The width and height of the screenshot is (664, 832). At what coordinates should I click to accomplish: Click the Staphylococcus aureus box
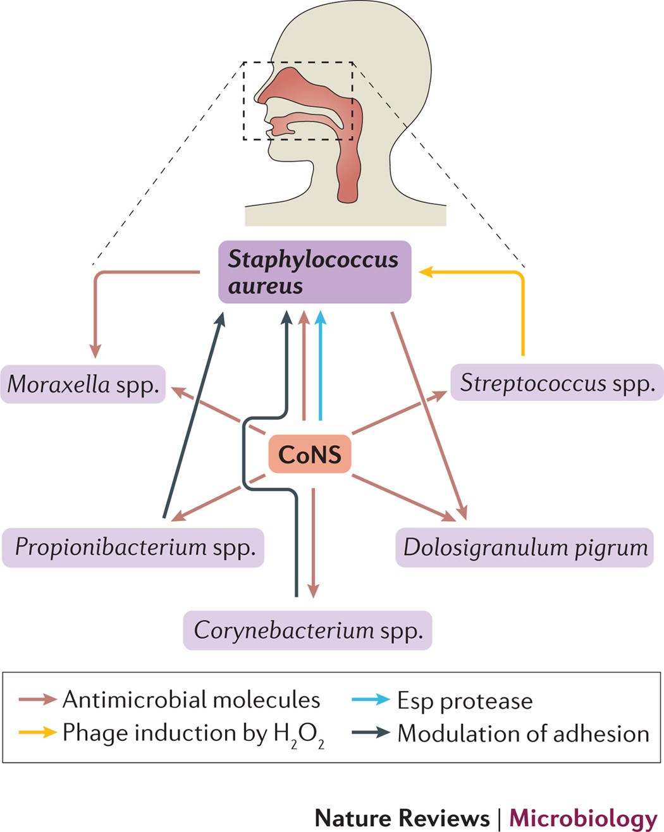314,272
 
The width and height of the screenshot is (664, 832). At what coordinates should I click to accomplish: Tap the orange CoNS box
309,454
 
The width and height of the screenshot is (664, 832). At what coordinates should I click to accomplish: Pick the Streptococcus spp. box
556,382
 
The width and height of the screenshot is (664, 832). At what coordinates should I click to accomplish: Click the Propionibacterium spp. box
133,547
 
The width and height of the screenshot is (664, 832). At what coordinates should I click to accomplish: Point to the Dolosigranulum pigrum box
525,547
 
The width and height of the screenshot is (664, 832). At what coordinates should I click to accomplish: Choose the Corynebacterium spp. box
307,630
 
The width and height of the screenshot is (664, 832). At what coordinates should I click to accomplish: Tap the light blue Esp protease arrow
321,367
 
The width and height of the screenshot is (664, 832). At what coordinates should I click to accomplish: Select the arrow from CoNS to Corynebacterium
313,544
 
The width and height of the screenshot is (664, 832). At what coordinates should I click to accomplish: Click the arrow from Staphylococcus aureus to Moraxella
95,303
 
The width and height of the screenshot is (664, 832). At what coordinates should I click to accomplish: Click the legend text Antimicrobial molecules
191,700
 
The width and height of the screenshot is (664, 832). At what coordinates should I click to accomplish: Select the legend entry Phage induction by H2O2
193,733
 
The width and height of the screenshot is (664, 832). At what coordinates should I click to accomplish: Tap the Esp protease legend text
465,700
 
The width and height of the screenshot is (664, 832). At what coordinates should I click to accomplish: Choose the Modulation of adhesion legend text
523,733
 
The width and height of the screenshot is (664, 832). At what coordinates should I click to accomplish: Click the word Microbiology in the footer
583,817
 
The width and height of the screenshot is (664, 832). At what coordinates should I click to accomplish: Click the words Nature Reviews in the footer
402,817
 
